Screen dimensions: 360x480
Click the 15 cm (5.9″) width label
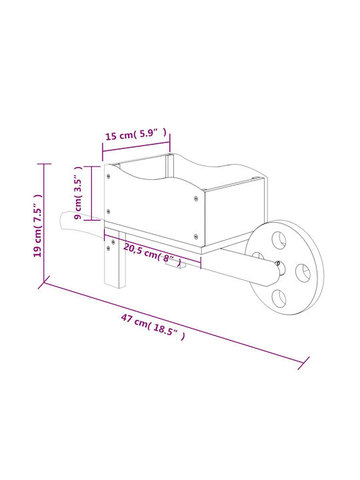pos(136,134)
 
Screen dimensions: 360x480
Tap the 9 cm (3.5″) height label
pos(79,193)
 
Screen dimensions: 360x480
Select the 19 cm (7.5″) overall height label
pos(37,225)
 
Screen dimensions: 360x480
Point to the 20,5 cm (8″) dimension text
pos(152,255)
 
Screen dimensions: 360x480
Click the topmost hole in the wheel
pos(279,240)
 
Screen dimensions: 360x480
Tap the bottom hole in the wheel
pos(279,298)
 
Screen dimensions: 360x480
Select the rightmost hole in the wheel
pos(303,273)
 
